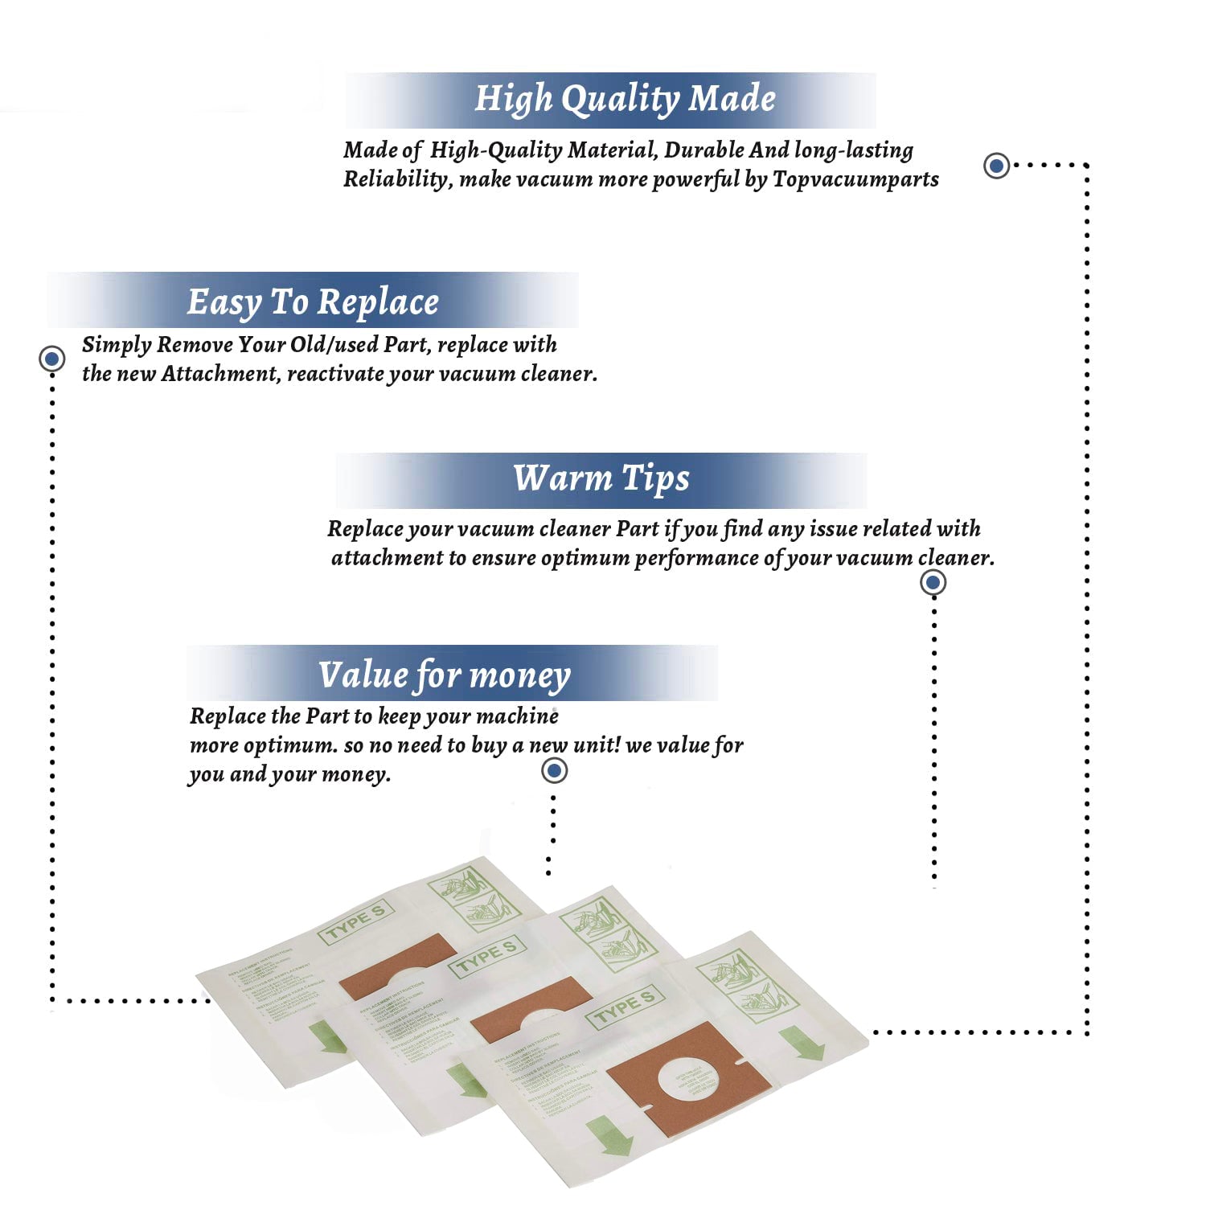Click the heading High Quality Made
625,99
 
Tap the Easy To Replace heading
313,301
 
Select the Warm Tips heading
601,478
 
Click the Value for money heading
445,675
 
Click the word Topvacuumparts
855,178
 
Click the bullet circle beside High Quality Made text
997,166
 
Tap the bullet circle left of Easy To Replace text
52,359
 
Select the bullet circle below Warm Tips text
933,582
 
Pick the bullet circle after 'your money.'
554,771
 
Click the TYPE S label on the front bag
626,1007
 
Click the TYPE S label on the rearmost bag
355,922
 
